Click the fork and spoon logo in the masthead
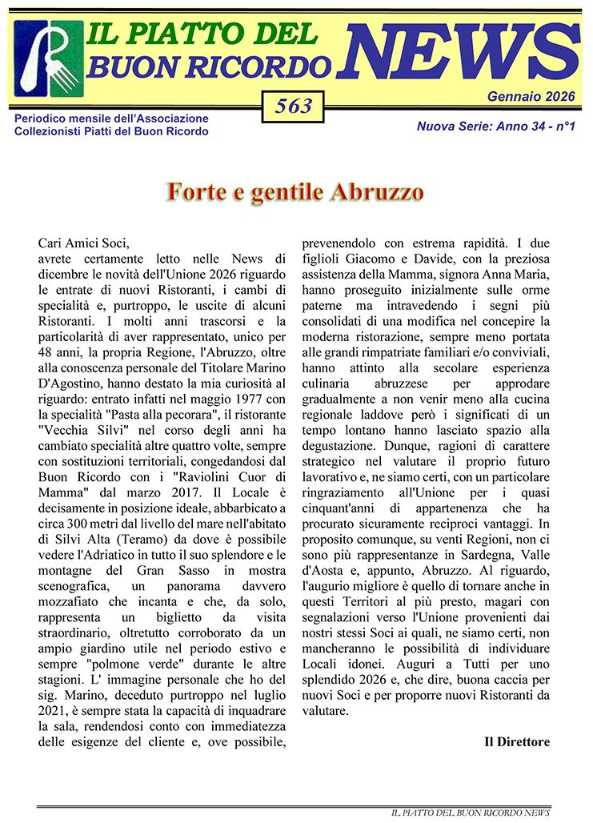[48, 58]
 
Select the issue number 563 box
[293, 107]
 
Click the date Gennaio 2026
[531, 97]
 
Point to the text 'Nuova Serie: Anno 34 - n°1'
[496, 126]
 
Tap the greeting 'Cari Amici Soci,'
[83, 243]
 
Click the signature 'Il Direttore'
[517, 741]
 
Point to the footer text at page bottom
[470, 813]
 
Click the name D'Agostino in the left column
[73, 349]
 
